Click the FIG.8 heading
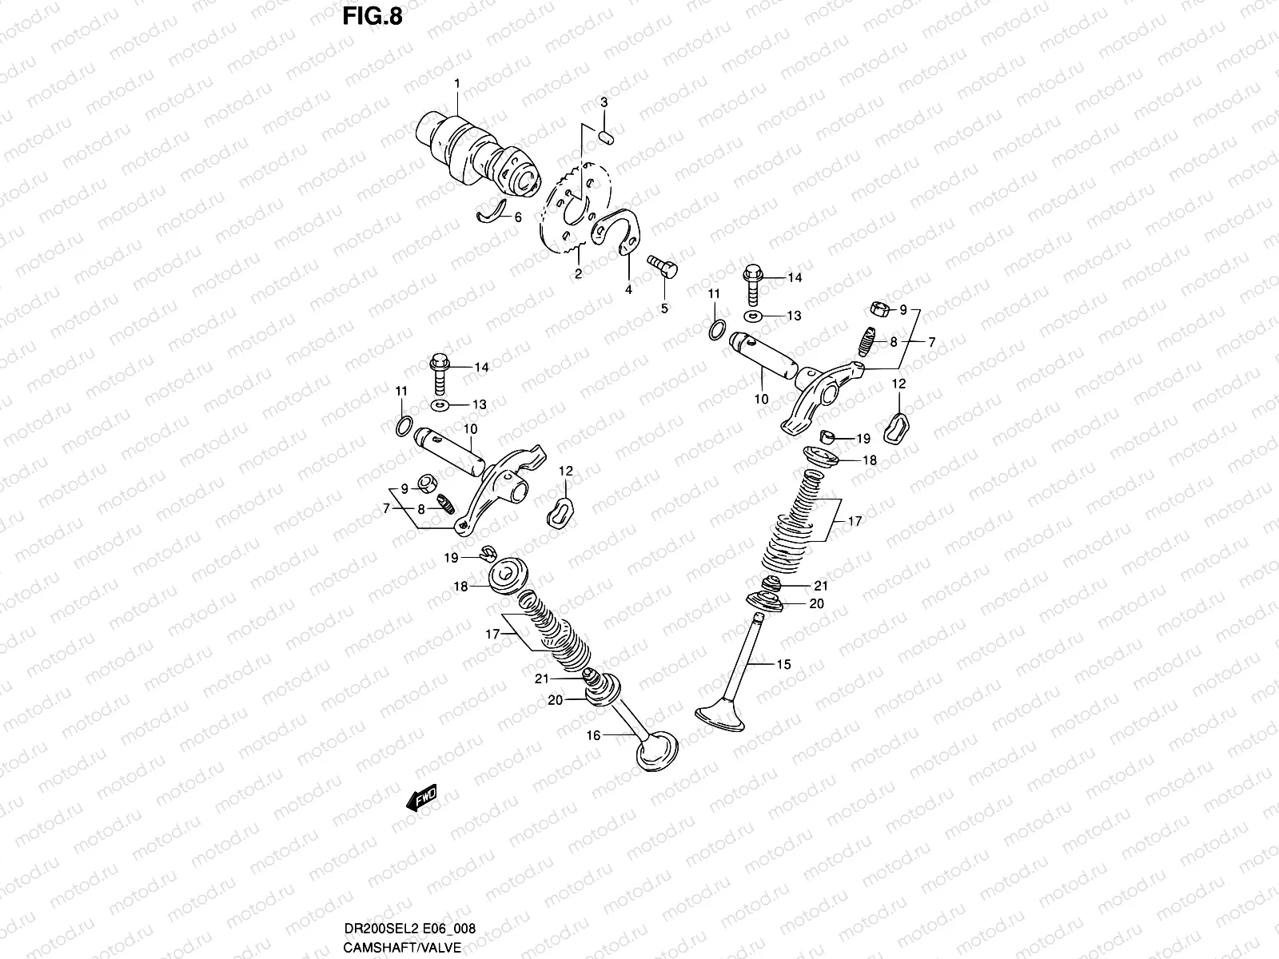pos(373,18)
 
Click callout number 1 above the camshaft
pos(457,84)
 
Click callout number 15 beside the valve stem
pos(783,664)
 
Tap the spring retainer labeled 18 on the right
pos(821,456)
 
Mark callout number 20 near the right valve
pos(815,604)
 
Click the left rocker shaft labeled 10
pos(450,450)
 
